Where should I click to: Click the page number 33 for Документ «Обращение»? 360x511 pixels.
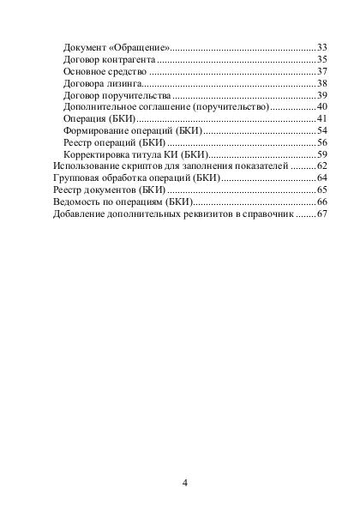[323, 45]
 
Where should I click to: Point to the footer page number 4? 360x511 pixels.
[185, 482]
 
